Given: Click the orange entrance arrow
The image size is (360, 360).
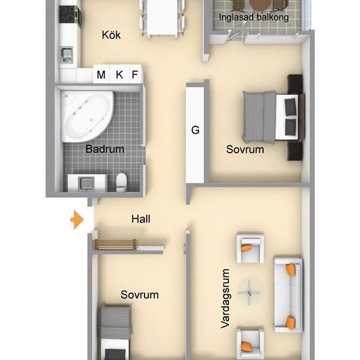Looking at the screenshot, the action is (x=77, y=219).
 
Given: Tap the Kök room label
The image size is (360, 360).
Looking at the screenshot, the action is (x=111, y=35).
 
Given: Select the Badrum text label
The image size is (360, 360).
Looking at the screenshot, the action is (x=105, y=149).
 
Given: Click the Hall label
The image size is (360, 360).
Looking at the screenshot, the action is (x=141, y=219).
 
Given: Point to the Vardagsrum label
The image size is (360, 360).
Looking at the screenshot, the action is (x=225, y=298).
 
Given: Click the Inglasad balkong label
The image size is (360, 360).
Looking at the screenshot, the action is (x=254, y=17).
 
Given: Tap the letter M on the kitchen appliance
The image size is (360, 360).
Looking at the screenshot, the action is (x=101, y=75).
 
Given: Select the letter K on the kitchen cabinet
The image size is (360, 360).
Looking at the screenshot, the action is (x=119, y=75).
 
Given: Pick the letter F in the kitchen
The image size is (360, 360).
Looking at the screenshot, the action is (x=135, y=75).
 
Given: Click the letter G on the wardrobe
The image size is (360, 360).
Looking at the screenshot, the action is (x=195, y=130).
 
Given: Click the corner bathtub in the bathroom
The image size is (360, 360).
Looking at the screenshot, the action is (x=87, y=116).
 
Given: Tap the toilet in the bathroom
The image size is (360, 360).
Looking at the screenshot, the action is (x=121, y=182).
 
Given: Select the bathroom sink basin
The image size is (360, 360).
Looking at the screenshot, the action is (x=86, y=183).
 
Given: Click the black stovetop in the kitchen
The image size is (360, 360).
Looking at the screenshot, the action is (x=69, y=14).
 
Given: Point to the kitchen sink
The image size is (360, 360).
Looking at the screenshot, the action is (x=67, y=54).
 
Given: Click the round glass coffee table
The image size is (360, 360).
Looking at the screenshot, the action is (x=249, y=293).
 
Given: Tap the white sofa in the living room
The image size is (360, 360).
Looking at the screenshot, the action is (x=288, y=295).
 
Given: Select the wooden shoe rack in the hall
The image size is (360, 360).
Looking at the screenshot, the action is (x=115, y=245).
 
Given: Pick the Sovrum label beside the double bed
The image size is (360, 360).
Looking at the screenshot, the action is (x=245, y=149).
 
